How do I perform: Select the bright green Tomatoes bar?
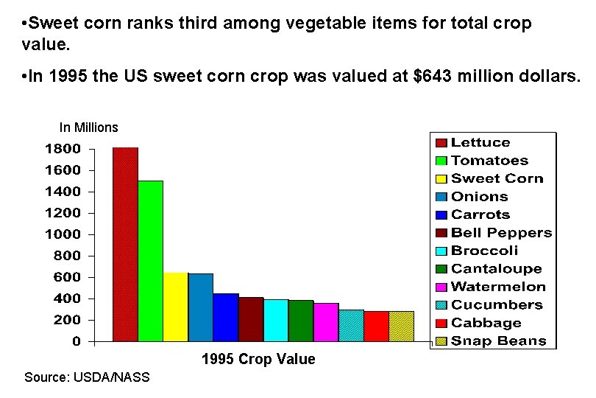pos(150,261)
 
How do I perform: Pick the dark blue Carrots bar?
pos(226,317)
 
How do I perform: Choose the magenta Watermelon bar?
pos(326,322)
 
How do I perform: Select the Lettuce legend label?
pos(480,142)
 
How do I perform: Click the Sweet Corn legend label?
pos(497,178)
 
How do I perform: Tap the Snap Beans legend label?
pos(498,341)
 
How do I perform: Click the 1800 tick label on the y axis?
pos(63,148)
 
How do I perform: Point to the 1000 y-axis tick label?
pos(63,234)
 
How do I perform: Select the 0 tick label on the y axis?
pos(76,342)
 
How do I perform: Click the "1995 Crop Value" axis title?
pos(258,360)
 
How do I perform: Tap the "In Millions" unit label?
pos(88,128)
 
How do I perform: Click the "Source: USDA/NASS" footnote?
pos(87,377)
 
